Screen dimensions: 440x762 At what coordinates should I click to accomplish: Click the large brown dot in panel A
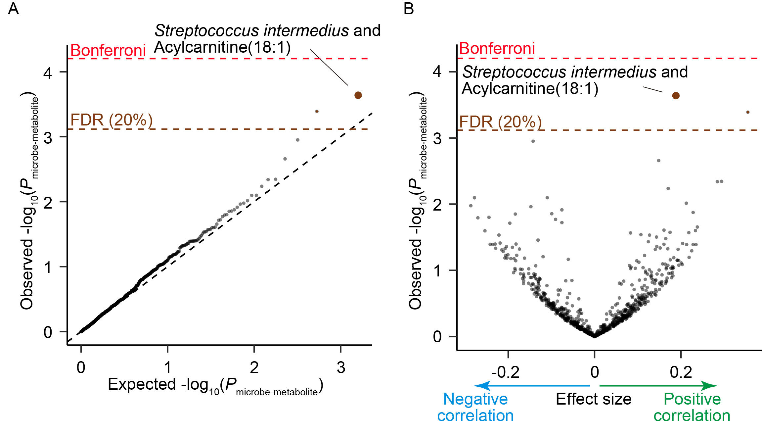click(358, 95)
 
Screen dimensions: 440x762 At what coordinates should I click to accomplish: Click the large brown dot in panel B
click(676, 96)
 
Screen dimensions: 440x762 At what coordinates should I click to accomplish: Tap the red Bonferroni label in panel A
click(108, 51)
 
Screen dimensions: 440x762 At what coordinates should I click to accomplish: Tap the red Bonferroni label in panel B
click(497, 49)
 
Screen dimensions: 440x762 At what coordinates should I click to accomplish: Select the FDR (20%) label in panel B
click(500, 122)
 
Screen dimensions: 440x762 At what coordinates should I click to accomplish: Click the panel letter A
click(13, 9)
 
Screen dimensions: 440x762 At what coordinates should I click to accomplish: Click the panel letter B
click(409, 9)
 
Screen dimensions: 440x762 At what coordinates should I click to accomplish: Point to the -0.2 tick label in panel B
click(505, 372)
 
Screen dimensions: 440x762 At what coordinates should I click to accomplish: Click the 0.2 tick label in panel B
click(681, 372)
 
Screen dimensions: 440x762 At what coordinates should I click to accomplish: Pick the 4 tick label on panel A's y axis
click(48, 73)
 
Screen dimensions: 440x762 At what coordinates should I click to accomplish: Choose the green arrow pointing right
click(658, 386)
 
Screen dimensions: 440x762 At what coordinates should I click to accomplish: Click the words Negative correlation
click(475, 407)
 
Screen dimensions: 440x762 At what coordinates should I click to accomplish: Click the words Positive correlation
click(692, 407)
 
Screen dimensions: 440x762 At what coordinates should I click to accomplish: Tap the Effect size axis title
click(594, 399)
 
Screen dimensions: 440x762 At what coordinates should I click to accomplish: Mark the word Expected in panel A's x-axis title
click(142, 384)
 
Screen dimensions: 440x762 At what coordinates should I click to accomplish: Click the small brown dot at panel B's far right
click(748, 112)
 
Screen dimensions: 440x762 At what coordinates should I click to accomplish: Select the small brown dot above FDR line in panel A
click(317, 111)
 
